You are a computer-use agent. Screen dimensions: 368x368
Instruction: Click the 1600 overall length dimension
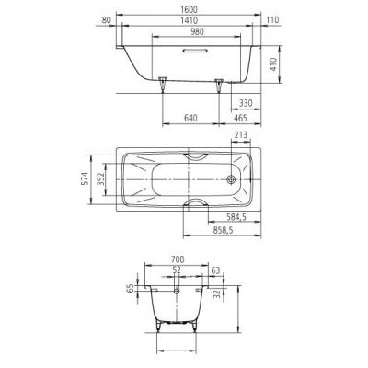tap(189, 9)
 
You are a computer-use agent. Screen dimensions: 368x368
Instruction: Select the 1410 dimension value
tap(189, 20)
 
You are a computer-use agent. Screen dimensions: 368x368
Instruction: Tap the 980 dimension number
tap(197, 31)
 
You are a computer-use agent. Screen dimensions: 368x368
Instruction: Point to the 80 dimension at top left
tap(106, 20)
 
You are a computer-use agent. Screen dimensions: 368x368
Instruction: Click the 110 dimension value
tap(272, 20)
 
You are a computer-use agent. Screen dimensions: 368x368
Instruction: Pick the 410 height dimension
tap(273, 64)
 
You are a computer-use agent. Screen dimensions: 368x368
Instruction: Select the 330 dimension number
tap(246, 103)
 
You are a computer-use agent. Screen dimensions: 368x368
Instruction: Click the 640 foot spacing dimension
tap(190, 118)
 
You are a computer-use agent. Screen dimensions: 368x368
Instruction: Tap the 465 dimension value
tap(240, 118)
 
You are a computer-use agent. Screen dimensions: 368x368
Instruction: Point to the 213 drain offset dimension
tap(241, 135)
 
